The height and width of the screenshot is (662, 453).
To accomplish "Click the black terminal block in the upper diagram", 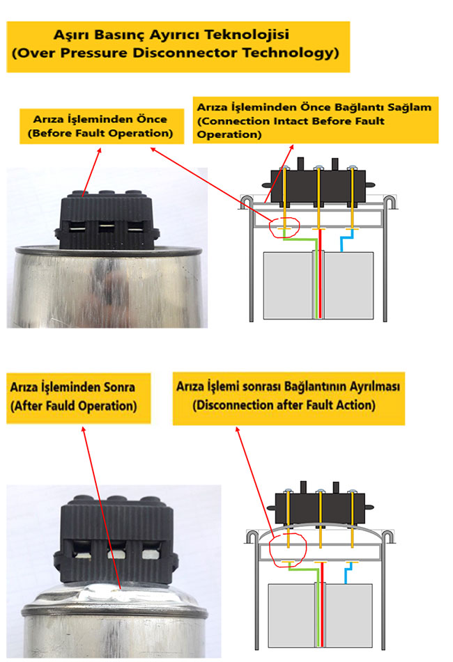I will click(x=318, y=187).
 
